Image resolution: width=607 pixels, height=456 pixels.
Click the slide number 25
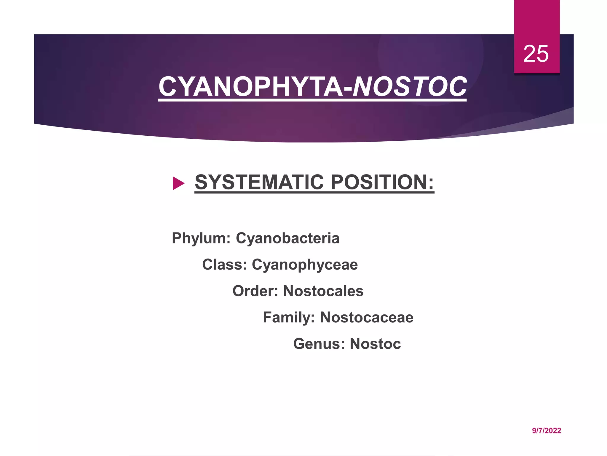click(x=536, y=54)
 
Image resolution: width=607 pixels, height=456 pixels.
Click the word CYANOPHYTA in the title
click(x=250, y=87)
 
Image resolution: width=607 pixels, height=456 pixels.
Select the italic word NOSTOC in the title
click(x=410, y=87)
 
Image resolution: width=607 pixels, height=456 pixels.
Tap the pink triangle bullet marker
click(x=178, y=183)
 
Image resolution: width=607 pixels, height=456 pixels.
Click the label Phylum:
click(x=201, y=238)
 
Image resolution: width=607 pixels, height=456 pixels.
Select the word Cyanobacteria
click(x=287, y=238)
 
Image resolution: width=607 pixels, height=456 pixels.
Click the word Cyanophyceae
click(x=305, y=265)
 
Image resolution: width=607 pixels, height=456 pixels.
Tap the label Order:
click(x=255, y=291)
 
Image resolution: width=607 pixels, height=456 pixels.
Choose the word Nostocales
click(x=323, y=291)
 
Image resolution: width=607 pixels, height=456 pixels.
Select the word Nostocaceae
click(x=367, y=317)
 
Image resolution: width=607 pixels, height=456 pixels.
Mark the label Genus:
click(x=319, y=344)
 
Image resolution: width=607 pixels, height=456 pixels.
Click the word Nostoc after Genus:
click(x=375, y=344)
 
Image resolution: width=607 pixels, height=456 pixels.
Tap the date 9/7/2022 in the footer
click(x=546, y=430)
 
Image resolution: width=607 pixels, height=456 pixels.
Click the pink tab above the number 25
click(x=536, y=18)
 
